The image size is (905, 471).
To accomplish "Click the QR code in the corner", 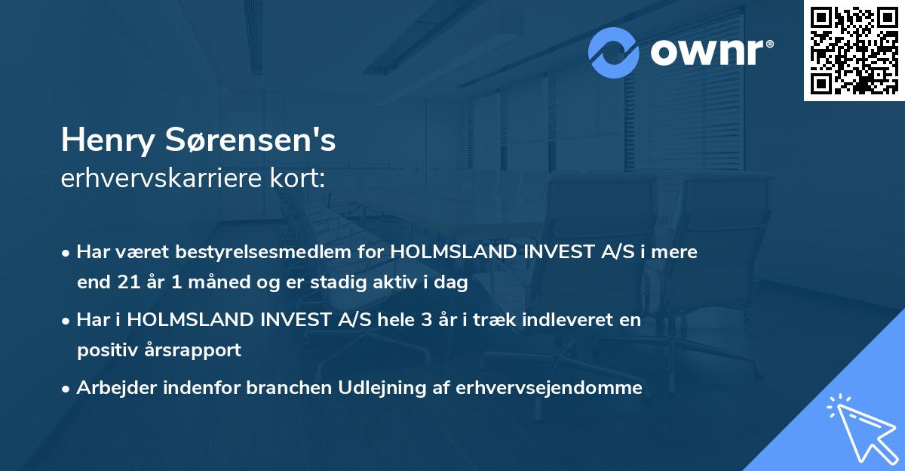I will [x=854, y=51].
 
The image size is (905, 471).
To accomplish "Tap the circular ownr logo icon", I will [x=614, y=53].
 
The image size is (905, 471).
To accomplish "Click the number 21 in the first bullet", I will [x=124, y=283].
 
